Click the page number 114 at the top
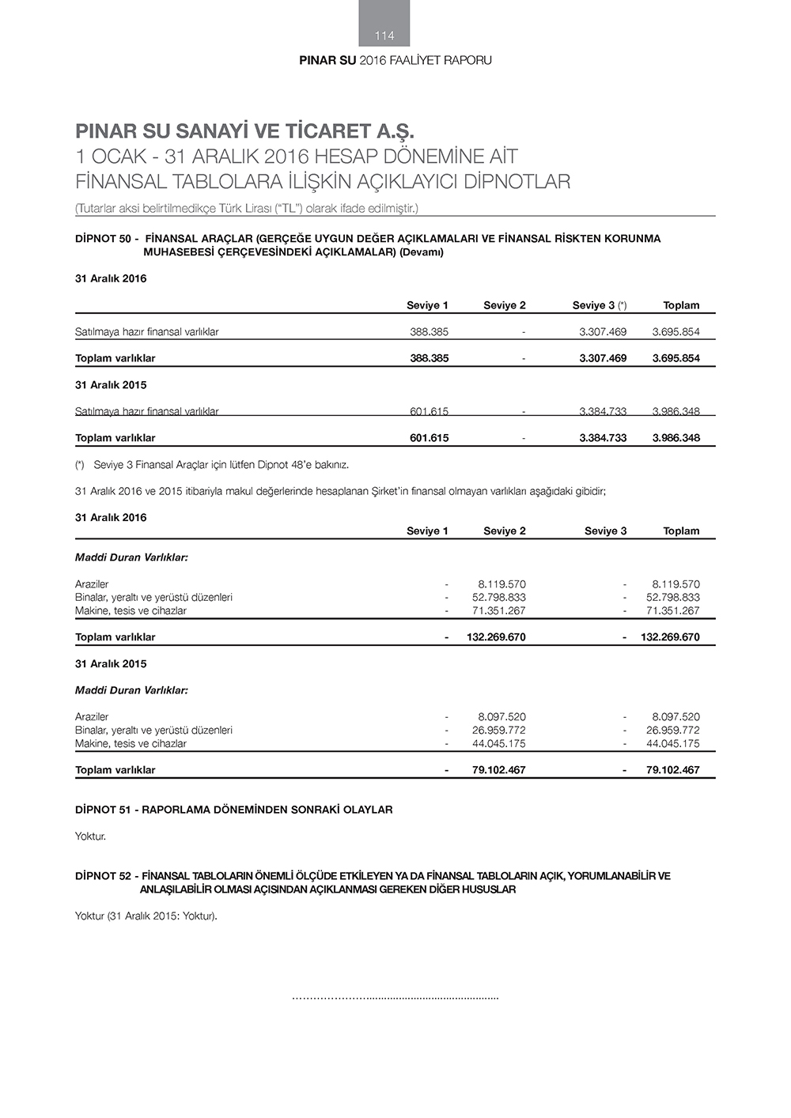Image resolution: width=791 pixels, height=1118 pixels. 384,36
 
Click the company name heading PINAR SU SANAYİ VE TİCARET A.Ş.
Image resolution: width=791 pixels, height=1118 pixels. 244,130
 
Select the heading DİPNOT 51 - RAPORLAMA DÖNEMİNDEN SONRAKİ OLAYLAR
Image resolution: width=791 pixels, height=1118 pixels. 233,810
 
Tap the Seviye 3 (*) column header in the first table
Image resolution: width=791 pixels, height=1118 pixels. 600,305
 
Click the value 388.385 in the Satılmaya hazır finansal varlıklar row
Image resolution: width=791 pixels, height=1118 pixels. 429,332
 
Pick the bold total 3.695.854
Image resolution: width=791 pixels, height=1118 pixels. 676,358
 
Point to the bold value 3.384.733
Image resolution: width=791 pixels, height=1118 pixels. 602,438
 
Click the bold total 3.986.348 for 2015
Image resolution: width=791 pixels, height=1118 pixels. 676,438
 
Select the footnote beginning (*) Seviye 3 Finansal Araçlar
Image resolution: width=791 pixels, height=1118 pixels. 212,465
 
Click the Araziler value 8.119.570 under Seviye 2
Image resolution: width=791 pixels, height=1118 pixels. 501,584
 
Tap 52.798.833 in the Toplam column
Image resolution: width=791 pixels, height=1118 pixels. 672,598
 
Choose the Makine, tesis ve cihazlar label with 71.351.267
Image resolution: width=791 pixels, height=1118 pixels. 131,611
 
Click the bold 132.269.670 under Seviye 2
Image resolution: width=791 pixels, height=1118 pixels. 496,637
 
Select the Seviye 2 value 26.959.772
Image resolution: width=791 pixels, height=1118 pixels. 498,731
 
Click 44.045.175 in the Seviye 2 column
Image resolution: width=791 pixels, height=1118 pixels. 498,744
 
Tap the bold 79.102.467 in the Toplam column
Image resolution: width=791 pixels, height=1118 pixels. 672,770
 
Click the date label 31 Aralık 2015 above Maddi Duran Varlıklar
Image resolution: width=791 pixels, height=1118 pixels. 111,664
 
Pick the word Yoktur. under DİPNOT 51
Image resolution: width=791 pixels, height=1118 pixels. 90,837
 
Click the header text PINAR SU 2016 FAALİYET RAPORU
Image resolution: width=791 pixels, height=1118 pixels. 395,61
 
